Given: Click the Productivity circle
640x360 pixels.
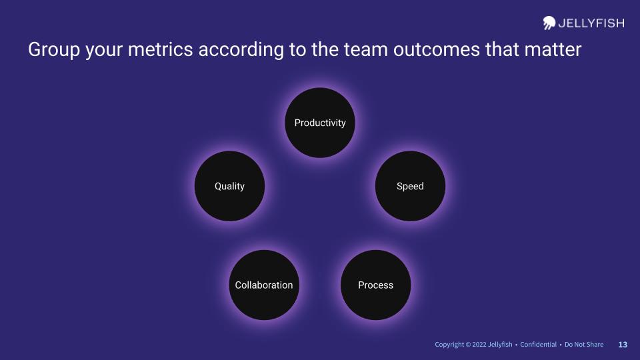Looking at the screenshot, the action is point(320,123).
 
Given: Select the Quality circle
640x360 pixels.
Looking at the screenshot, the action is point(230,186).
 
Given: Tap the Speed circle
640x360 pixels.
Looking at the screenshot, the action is point(410,186).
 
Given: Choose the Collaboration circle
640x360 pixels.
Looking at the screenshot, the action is point(264,285).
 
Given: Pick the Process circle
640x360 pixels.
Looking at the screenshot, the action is point(375,285).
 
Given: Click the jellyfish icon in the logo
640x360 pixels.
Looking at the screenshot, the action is point(549,23).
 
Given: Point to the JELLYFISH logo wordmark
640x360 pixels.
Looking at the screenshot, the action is point(591,23).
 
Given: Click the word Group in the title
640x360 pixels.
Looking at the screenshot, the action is point(54,50).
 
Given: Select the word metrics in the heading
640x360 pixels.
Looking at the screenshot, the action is point(161,50).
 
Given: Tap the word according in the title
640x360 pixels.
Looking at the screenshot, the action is point(241,50).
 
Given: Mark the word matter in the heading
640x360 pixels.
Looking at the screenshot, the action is point(553,50).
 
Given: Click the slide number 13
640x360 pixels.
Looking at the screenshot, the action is point(623,345).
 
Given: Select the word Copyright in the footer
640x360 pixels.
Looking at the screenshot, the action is point(449,345).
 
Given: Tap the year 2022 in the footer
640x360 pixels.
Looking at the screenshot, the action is point(479,345).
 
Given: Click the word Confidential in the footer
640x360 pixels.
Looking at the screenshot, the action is point(539,345).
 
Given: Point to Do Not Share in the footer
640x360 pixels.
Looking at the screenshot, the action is point(584,345).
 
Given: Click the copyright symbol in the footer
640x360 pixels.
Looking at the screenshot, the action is point(468,345).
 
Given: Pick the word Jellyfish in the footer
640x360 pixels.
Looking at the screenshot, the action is point(500,345).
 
